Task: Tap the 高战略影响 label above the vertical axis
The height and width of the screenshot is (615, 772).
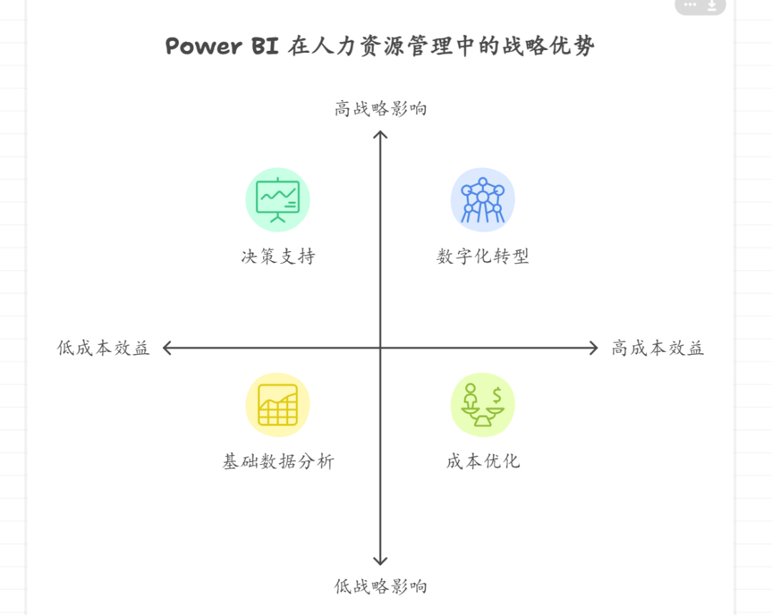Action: pos(380,109)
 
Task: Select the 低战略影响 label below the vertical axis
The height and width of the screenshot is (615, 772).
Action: pos(380,586)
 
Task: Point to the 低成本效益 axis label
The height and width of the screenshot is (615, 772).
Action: pos(104,348)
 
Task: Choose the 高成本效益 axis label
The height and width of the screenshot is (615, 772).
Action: pos(658,348)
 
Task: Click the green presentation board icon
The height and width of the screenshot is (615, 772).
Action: pos(277,200)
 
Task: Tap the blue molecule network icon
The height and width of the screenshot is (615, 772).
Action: pos(482,200)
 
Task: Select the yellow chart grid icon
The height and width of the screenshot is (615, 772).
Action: pos(277,405)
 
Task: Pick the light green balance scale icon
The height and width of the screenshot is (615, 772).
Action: pos(482,405)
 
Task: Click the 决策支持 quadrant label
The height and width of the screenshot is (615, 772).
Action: pos(277,256)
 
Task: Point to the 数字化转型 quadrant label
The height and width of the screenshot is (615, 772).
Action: pos(482,256)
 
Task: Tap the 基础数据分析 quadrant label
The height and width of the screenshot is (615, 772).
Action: pos(277,461)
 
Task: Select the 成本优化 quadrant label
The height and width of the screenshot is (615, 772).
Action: pos(482,461)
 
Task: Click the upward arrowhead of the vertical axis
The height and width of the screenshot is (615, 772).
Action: pos(380,134)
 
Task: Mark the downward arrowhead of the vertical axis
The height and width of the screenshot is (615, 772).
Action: pos(380,561)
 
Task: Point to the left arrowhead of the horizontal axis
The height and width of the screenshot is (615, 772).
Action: pos(167,348)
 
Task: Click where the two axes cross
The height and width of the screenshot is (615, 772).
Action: pos(380,348)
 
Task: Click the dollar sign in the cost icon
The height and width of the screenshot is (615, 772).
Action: pos(497,394)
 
